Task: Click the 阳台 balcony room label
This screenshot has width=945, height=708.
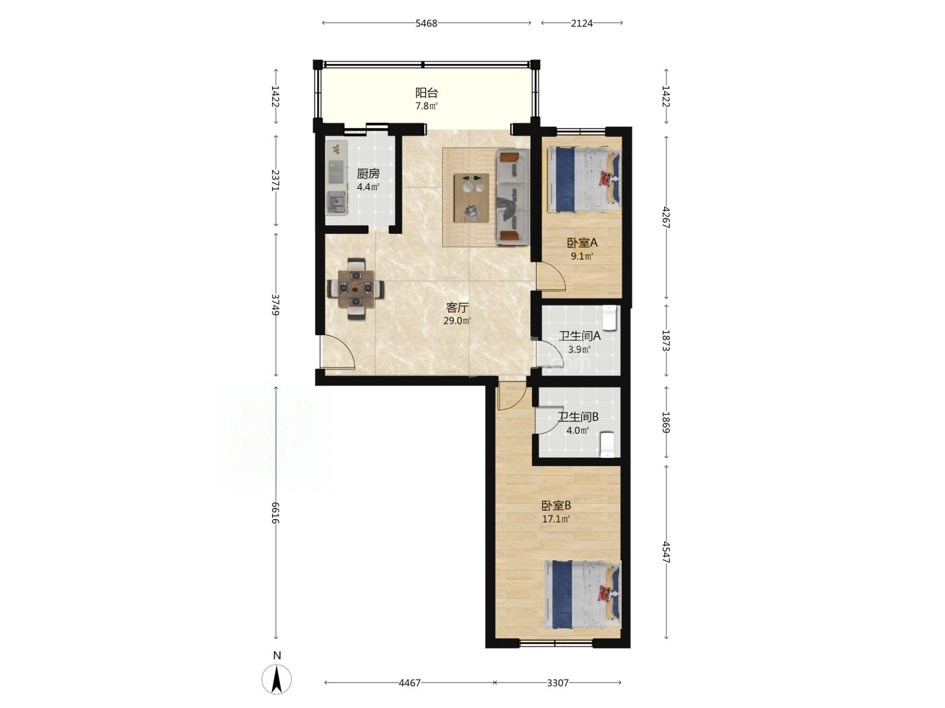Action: point(426,92)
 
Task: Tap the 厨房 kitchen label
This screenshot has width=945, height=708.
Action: point(368,174)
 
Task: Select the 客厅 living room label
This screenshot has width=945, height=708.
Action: point(457,307)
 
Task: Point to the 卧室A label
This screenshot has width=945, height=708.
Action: point(582,243)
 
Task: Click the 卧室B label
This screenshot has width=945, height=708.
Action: point(556,506)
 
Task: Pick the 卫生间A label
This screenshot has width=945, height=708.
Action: point(579,336)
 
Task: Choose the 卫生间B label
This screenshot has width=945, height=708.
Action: point(578,417)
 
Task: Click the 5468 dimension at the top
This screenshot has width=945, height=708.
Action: point(426,23)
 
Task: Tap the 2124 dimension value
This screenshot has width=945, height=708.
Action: point(582,23)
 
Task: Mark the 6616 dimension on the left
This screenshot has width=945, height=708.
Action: point(275,513)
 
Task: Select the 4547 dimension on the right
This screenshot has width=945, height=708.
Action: point(666,552)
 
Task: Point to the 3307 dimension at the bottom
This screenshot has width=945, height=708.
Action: point(558,682)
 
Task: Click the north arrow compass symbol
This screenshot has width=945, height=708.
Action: point(277,680)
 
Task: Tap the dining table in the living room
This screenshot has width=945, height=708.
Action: point(356,289)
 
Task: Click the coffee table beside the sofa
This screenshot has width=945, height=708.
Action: point(471,198)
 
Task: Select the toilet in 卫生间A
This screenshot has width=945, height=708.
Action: point(610,317)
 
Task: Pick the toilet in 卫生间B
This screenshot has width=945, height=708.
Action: point(607,444)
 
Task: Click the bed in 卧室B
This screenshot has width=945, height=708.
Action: point(583,595)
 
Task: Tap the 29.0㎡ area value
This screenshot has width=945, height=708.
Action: point(457,321)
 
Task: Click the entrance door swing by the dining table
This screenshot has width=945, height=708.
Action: point(337,352)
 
